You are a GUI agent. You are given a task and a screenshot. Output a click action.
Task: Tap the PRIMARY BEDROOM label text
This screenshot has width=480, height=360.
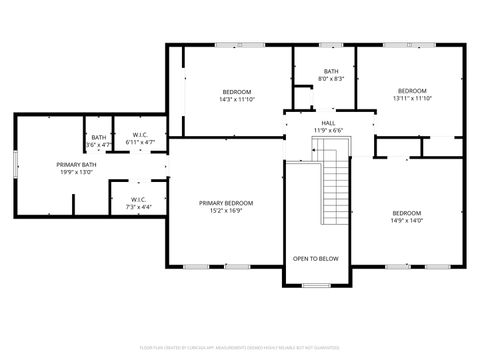(225, 203)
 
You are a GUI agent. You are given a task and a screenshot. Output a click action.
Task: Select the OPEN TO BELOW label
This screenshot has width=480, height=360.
(315, 259)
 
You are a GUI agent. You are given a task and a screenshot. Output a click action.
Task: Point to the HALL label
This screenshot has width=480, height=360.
(328, 123)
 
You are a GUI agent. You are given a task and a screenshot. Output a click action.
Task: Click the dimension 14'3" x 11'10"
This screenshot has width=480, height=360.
(237, 99)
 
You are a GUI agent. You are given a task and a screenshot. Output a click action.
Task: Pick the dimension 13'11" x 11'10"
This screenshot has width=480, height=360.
(411, 98)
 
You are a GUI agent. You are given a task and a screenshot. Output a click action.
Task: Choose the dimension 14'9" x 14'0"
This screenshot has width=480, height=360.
(406, 220)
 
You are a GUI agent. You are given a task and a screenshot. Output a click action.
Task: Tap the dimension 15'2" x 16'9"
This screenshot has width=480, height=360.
(225, 211)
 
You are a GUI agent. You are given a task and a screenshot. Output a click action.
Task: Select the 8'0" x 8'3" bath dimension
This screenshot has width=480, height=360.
(331, 79)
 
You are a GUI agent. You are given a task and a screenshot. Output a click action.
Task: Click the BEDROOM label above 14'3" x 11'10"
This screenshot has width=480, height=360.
(237, 91)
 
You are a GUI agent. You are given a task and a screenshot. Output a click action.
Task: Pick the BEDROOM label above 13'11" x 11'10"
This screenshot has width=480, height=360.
(411, 90)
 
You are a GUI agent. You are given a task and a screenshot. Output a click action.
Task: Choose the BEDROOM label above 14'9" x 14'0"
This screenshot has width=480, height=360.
(406, 212)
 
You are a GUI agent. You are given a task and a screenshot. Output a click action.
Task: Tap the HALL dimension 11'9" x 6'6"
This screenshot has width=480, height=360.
(328, 131)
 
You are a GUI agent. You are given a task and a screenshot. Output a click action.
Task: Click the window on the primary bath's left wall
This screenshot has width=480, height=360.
(14, 164)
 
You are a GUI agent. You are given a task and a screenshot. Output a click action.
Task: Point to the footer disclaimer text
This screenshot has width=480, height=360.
(240, 349)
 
